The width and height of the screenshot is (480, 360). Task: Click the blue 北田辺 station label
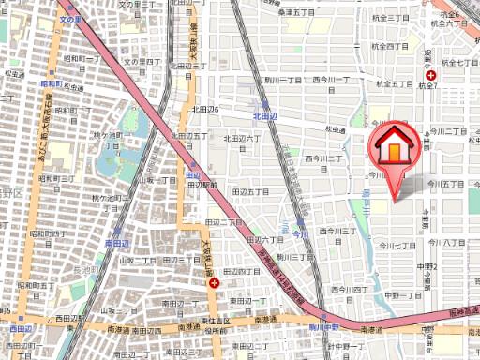(267, 116)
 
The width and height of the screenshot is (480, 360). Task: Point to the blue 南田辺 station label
(117, 242)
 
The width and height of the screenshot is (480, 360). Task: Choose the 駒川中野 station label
(322, 325)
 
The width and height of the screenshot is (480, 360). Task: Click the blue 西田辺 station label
(19, 329)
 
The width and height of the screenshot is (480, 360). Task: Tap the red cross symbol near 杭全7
(430, 74)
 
